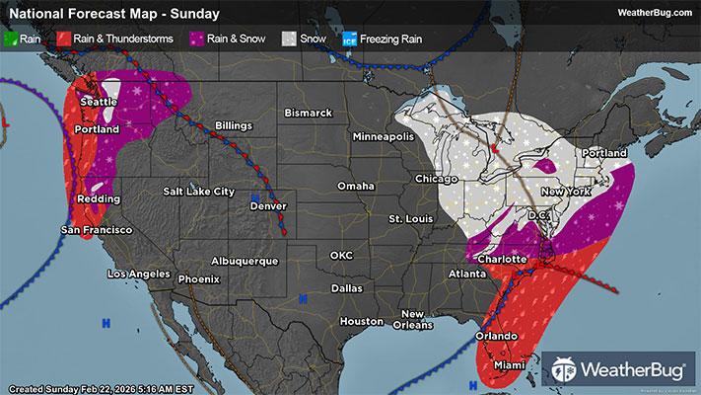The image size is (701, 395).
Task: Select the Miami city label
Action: click(510, 364)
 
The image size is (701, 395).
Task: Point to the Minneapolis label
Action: click(386, 135)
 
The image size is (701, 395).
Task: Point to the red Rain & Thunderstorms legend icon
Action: click(63, 39)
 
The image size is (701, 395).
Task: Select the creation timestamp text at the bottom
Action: click(89, 386)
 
